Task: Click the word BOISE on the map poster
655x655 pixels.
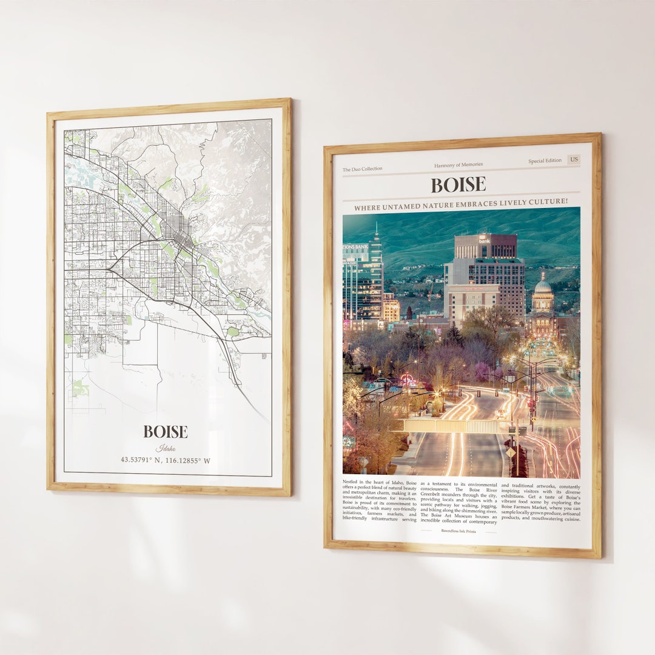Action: tap(166, 432)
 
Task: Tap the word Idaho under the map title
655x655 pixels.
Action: tap(166, 448)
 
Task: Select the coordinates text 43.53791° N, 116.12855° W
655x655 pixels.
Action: tap(166, 460)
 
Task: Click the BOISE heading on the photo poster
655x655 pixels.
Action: tap(458, 184)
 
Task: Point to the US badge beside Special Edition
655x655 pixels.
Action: tap(574, 160)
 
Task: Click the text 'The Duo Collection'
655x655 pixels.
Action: tap(363, 169)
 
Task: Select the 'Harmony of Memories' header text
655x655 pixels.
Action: tap(458, 165)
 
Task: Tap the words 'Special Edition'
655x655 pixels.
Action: tap(545, 161)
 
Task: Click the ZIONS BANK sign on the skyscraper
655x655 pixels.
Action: tap(355, 247)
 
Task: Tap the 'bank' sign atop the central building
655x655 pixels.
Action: tap(484, 240)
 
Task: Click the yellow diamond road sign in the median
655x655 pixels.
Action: tap(511, 452)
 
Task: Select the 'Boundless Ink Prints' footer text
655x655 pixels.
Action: tap(458, 531)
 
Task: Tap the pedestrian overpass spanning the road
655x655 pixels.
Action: tap(449, 426)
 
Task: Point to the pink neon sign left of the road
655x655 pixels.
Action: tap(408, 380)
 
